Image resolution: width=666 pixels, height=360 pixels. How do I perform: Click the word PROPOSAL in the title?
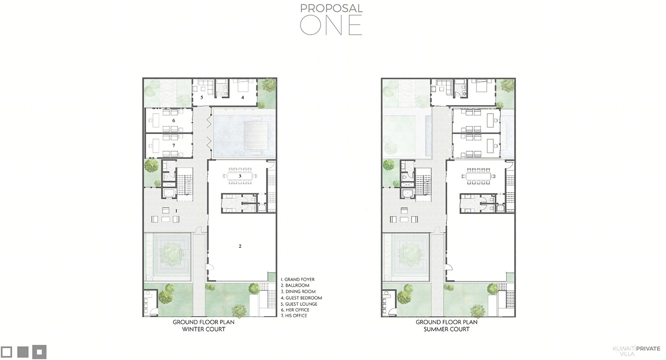pyautogui.click(x=331, y=9)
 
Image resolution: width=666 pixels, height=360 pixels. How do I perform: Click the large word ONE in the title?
pyautogui.click(x=331, y=25)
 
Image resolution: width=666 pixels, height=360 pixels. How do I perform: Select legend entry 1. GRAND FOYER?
pyautogui.click(x=298, y=280)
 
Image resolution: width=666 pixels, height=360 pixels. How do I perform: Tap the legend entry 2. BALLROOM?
pyautogui.click(x=295, y=285)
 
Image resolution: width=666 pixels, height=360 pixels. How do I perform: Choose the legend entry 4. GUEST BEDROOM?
pyautogui.click(x=302, y=298)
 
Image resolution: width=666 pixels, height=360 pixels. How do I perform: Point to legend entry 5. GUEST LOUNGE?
pyautogui.click(x=299, y=304)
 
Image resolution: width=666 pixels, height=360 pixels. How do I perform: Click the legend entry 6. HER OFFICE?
pyautogui.click(x=295, y=310)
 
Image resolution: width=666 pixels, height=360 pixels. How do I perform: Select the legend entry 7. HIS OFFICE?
pyautogui.click(x=294, y=316)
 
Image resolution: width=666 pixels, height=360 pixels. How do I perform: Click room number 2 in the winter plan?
pyautogui.click(x=240, y=246)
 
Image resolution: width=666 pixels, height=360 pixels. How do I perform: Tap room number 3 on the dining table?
pyautogui.click(x=240, y=176)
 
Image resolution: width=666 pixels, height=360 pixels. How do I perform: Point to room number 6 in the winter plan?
pyautogui.click(x=174, y=121)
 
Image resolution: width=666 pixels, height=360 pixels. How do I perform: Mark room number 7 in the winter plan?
pyautogui.click(x=174, y=146)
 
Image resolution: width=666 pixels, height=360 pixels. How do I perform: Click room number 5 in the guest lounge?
pyautogui.click(x=202, y=97)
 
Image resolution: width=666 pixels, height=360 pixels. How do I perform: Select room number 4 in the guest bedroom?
pyautogui.click(x=243, y=97)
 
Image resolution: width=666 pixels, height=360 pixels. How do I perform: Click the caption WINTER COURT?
pyautogui.click(x=204, y=329)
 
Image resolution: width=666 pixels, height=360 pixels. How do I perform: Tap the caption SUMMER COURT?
pyautogui.click(x=447, y=329)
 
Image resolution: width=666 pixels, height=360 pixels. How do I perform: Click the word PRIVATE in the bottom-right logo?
pyautogui.click(x=648, y=349)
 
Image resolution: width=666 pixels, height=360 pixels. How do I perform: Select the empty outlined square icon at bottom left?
pyautogui.click(x=6, y=352)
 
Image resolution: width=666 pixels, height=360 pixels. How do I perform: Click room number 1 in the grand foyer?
pyautogui.click(x=176, y=211)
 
